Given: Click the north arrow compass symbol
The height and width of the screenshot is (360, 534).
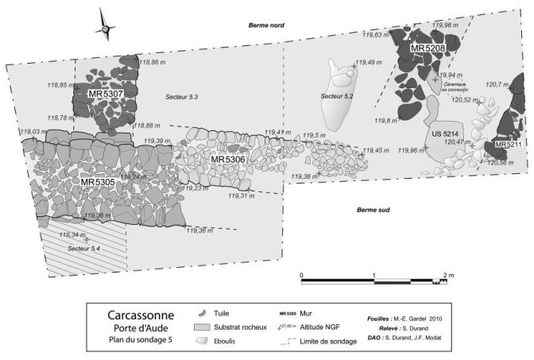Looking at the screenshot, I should tap(105, 25).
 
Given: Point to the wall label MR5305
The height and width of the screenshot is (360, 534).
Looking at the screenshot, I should tap(99, 182).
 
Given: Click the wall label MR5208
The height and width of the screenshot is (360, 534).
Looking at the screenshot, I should tap(427, 49).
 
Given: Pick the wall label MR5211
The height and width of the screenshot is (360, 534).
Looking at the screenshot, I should tap(508, 145).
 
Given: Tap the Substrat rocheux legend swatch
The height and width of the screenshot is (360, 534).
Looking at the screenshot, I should tap(206, 327).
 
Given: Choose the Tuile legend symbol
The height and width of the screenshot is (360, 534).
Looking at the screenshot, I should tap(206, 313).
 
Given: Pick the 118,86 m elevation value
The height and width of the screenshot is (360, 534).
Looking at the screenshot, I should tap(153, 61).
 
